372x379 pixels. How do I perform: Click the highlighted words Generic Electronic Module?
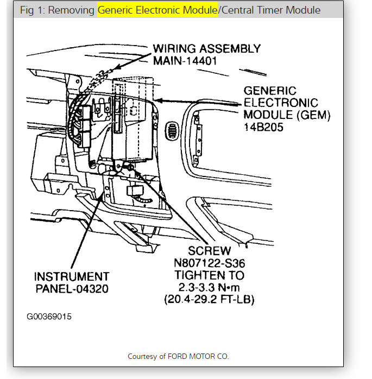click(157, 10)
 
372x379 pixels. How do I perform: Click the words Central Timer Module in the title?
click(270, 10)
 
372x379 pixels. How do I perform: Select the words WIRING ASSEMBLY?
click(206, 48)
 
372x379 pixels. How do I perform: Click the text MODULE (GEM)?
click(287, 115)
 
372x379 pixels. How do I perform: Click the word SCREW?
click(210, 251)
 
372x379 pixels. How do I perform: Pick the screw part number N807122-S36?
click(210, 263)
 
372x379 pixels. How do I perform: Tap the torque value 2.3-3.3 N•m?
click(210, 287)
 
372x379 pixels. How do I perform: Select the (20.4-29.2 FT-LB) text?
click(210, 299)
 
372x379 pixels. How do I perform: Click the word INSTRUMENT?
click(72, 276)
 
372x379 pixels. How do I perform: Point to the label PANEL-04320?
click(72, 288)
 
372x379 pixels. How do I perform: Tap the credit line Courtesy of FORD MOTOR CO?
click(178, 356)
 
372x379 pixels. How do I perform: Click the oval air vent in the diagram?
click(172, 131)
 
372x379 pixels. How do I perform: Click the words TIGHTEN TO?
click(210, 275)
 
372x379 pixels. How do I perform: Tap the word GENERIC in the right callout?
click(270, 91)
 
